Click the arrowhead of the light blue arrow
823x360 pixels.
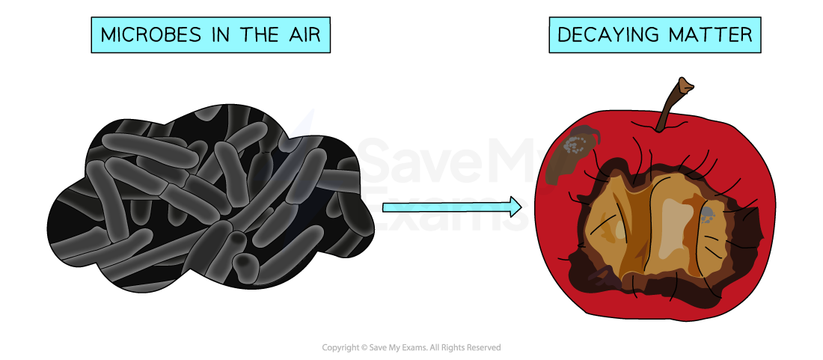pyautogui.click(x=515, y=207)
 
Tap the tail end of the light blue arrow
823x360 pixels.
pyautogui.click(x=386, y=207)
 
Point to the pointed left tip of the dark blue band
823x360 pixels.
pyautogui.click(x=292, y=135)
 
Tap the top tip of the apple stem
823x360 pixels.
pyautogui.click(x=684, y=82)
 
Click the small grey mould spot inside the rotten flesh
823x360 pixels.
pyautogui.click(x=706, y=217)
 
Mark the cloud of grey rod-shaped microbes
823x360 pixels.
pyautogui.click(x=209, y=198)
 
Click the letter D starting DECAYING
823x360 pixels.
pyautogui.click(x=563, y=35)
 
